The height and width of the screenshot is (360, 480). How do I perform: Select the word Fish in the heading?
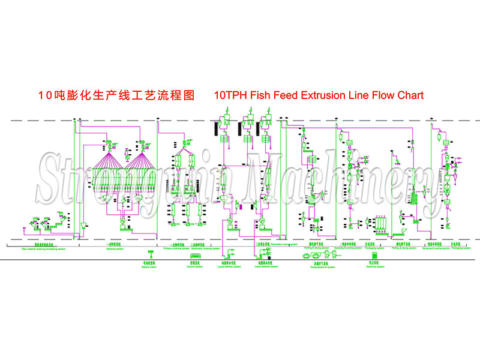click(x=262, y=95)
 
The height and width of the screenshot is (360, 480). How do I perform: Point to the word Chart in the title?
click(x=409, y=95)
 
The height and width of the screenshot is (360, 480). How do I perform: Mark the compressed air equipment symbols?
click(x=317, y=255)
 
